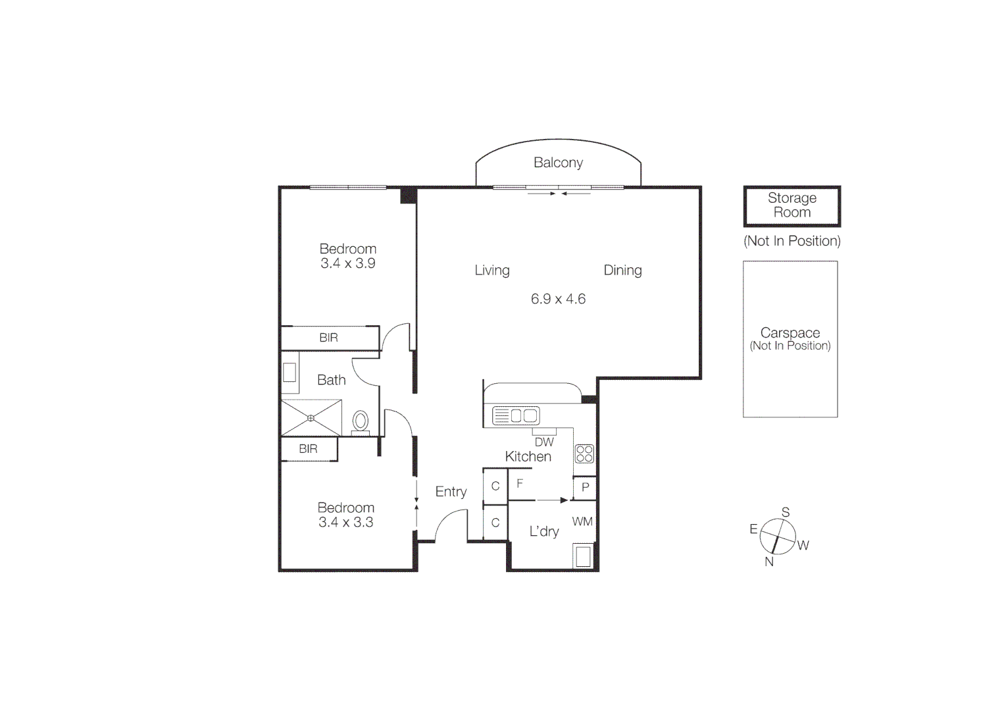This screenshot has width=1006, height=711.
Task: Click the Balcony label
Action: pos(558,163)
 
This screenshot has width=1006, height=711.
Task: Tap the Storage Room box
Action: pos(792,206)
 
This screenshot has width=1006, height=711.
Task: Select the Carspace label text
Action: pos(790,332)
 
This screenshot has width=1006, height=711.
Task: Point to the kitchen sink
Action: pos(516,415)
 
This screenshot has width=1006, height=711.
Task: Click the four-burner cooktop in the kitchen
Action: pos(584,454)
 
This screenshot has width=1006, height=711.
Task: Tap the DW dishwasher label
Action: pos(544,442)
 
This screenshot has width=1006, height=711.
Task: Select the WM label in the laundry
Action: pos(582,521)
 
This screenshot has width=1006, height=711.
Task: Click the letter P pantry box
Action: pos(585,488)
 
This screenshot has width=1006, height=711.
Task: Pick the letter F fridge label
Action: pos(520,484)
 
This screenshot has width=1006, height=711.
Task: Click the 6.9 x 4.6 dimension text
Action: pos(558,299)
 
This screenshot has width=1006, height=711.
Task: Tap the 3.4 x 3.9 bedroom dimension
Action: pos(347,263)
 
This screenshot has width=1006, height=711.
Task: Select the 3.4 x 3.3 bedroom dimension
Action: pos(346,522)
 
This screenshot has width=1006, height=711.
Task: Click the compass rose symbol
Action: pos(778,536)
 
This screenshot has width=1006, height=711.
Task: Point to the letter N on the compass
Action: pos(769,562)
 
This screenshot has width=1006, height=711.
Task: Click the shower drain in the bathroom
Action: pos(311,418)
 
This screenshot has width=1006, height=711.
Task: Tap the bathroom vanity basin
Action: pos(289,372)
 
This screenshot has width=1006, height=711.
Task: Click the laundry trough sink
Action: pos(584,556)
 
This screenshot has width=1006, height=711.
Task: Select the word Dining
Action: pos(622,271)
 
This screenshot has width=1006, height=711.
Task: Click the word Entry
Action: pos(451,492)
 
